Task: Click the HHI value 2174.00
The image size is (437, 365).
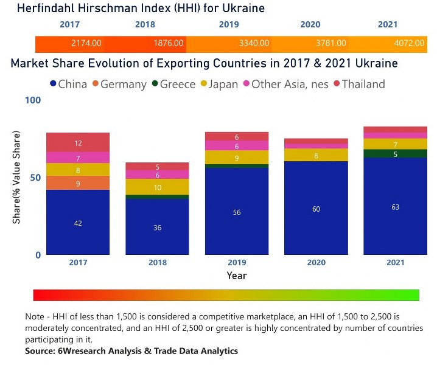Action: (86, 44)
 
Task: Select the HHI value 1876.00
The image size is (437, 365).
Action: (169, 44)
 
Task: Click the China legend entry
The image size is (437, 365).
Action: (68, 85)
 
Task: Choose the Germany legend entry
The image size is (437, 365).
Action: (119, 85)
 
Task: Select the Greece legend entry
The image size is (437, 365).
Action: (173, 85)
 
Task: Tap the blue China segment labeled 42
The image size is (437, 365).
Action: (78, 223)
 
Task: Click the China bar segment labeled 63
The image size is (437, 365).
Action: (396, 207)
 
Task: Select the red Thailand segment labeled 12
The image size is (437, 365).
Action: (78, 143)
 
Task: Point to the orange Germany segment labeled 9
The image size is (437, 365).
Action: (78, 183)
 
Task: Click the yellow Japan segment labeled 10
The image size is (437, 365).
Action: (157, 187)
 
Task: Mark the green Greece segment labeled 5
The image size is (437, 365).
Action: (396, 154)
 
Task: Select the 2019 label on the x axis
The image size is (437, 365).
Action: (236, 263)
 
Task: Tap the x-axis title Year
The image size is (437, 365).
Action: (237, 276)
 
